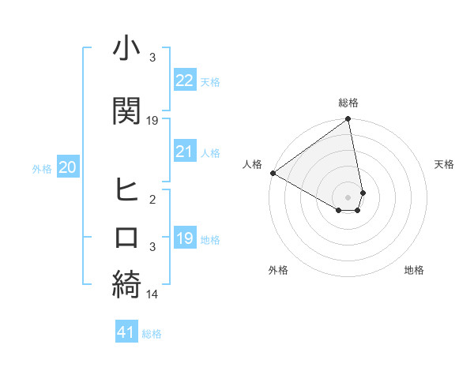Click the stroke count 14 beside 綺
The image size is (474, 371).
pyautogui.click(x=152, y=294)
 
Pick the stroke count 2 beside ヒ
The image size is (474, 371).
pyautogui.click(x=152, y=200)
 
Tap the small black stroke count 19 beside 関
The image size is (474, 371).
pyautogui.click(x=152, y=120)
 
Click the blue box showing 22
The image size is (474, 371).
pyautogui.click(x=184, y=81)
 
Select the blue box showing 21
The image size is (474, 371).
pyautogui.click(x=184, y=152)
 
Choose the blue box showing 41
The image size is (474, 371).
pyautogui.click(x=126, y=332)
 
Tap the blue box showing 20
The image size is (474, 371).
pyautogui.click(x=68, y=167)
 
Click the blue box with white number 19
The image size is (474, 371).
pyautogui.click(x=184, y=238)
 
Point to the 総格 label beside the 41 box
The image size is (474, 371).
pyautogui.click(x=152, y=334)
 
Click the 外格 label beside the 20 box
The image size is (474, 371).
pyautogui.click(x=42, y=168)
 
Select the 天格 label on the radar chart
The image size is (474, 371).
pyautogui.click(x=444, y=164)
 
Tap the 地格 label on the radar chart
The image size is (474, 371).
pyautogui.click(x=414, y=270)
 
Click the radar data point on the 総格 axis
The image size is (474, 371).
pyautogui.click(x=348, y=119)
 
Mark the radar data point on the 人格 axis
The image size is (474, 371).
pyautogui.click(x=272, y=173)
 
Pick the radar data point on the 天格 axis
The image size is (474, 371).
pyautogui.click(x=363, y=192)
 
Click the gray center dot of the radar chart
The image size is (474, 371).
pyautogui.click(x=348, y=197)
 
